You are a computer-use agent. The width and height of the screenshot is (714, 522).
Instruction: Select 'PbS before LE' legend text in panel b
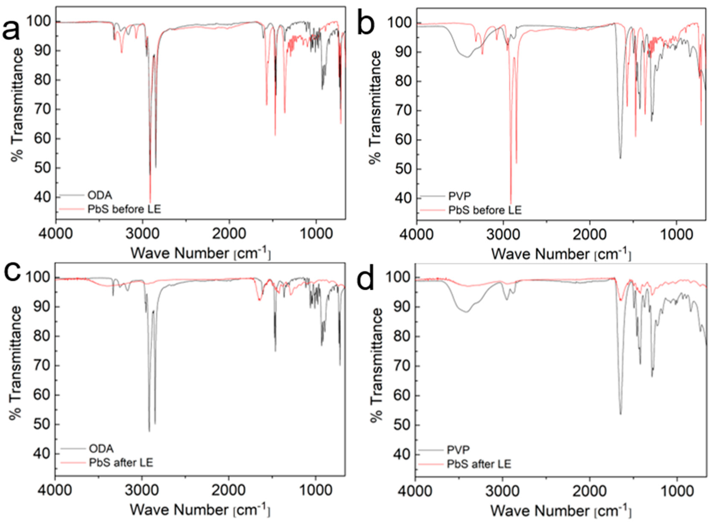click(485, 210)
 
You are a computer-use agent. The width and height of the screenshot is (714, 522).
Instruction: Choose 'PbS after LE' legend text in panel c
click(121, 463)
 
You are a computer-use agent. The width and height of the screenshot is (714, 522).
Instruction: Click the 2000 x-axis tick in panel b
click(590, 235)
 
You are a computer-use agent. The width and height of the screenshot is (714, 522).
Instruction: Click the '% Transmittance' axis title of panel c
click(15, 363)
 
